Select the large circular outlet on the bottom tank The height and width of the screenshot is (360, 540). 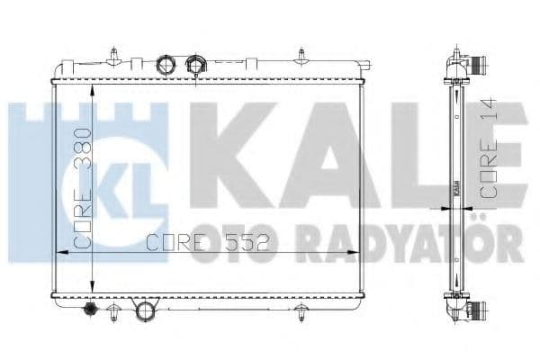(145, 313)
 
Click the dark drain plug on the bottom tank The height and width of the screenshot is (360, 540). (90, 310)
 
